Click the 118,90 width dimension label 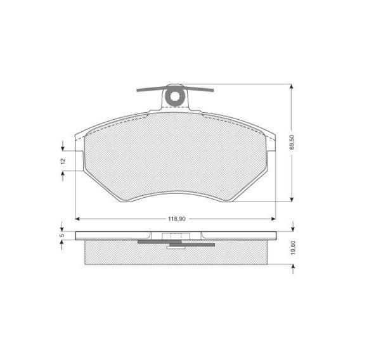tap(176, 219)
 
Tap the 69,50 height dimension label tap(292, 143)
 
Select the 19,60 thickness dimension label tap(293, 248)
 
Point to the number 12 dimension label tap(63, 161)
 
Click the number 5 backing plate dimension tap(62, 235)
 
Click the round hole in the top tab tap(175, 96)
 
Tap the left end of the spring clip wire tap(138, 90)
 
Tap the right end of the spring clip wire tap(213, 90)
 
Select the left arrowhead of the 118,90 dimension tap(77, 219)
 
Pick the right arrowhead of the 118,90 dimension tap(273, 219)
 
